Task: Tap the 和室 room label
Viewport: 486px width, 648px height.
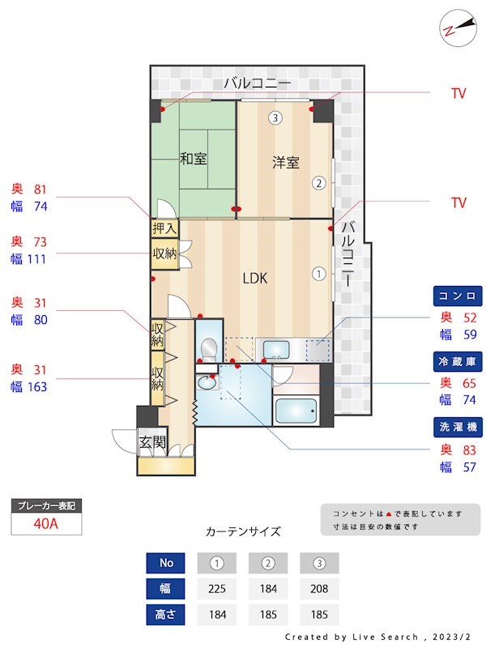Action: pyautogui.click(x=193, y=159)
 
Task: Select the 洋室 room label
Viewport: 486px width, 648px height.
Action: pyautogui.click(x=285, y=163)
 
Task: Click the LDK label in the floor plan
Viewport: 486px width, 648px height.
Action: pyautogui.click(x=255, y=279)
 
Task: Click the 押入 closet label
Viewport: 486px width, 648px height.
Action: pyautogui.click(x=164, y=229)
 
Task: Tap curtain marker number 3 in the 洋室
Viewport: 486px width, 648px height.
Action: pyautogui.click(x=275, y=118)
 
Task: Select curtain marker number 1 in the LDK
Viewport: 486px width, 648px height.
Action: pyautogui.click(x=319, y=274)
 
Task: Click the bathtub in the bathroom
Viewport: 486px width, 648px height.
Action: pyautogui.click(x=296, y=411)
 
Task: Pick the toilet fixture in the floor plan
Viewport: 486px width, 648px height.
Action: pyautogui.click(x=207, y=348)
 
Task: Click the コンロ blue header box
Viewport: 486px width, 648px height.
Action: pyautogui.click(x=458, y=295)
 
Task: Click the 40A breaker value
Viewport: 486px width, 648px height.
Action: pyautogui.click(x=46, y=523)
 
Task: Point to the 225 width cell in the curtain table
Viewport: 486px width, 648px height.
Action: pyautogui.click(x=217, y=588)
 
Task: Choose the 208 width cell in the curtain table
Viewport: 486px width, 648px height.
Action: pyautogui.click(x=319, y=588)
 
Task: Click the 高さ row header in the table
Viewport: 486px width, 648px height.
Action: pyautogui.click(x=166, y=613)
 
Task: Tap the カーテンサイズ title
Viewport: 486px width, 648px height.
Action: pyautogui.click(x=243, y=532)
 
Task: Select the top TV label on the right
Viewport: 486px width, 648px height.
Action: pyautogui.click(x=458, y=94)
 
